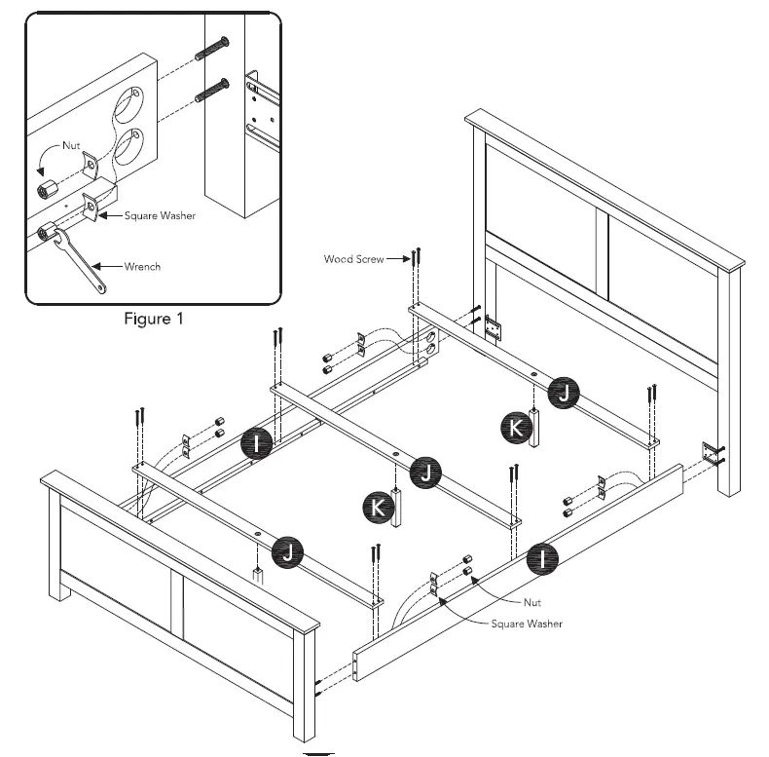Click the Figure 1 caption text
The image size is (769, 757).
click(x=152, y=318)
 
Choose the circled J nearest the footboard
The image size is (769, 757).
click(x=287, y=552)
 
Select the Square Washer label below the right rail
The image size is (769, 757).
click(x=526, y=623)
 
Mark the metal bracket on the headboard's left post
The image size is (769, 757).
click(x=493, y=328)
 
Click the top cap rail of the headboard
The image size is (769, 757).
click(x=604, y=185)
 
